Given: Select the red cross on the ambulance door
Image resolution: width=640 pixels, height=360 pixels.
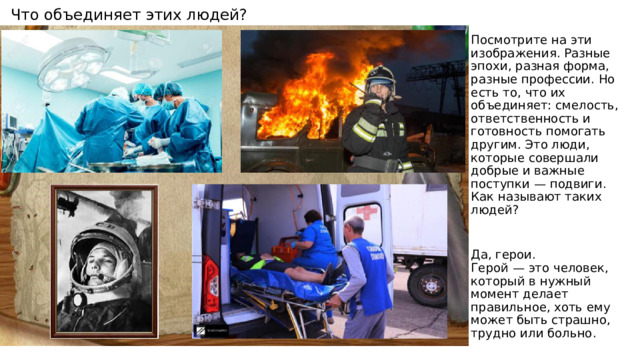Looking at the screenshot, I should pyautogui.click(x=366, y=216).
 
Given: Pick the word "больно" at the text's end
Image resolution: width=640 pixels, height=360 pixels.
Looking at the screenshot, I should pyautogui.click(x=573, y=333).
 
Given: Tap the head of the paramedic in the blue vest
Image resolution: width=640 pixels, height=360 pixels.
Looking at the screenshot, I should pyautogui.click(x=353, y=226).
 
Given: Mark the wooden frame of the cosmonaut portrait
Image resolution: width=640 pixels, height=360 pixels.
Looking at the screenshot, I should pyautogui.click(x=56, y=264).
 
